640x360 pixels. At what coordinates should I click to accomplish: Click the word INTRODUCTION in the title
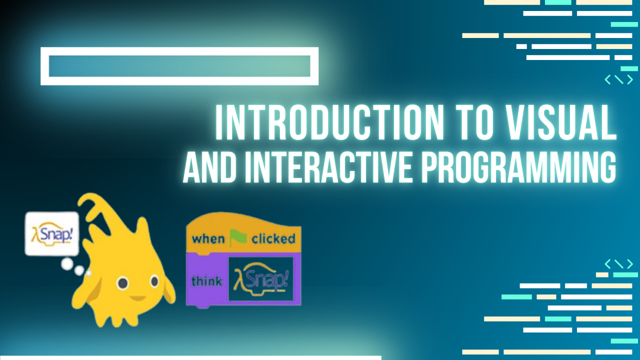(329, 122)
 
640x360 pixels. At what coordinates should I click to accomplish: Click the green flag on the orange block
(238, 237)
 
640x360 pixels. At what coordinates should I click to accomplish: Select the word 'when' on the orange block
(208, 239)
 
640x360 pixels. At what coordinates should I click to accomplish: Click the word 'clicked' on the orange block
(273, 239)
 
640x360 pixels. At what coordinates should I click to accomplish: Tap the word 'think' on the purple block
(206, 281)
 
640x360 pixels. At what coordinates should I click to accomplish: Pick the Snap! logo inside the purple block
(261, 279)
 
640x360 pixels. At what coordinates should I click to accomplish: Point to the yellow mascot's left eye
(123, 283)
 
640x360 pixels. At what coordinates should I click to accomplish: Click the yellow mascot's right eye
(154, 281)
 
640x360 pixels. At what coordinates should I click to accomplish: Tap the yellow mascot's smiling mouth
(138, 298)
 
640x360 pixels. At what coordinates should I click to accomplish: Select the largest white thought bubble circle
(67, 264)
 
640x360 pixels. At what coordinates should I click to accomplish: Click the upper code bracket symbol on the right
(618, 79)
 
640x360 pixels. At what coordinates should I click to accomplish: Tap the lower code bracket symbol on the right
(618, 264)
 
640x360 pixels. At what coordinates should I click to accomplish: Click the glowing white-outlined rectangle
(179, 51)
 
